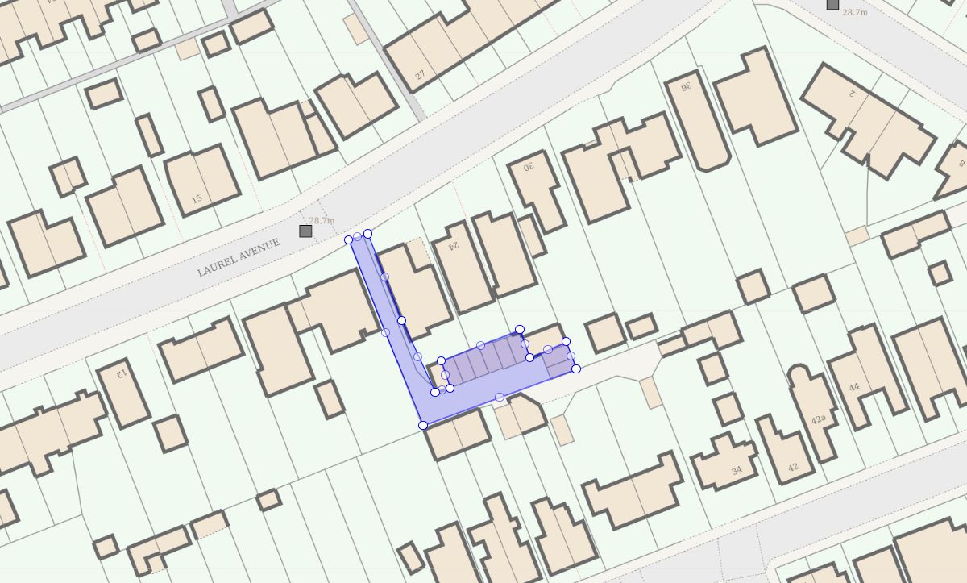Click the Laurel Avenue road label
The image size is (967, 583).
239,257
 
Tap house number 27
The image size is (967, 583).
420,75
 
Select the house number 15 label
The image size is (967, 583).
197,198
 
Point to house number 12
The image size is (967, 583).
122,373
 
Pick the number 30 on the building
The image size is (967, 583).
529,167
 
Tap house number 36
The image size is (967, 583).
687,86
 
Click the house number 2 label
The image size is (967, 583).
850,94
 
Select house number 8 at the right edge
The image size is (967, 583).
961,164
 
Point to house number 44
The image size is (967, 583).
853,387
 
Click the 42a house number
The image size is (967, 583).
819,419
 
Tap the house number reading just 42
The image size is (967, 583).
793,467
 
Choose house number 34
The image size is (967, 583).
737,470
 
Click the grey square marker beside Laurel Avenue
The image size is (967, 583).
305,231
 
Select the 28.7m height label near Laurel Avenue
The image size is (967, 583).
322,220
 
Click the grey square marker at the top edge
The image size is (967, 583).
832,4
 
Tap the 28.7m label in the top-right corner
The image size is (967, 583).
855,12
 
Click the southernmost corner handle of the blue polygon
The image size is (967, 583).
423,425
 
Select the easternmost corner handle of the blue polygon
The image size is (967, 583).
576,369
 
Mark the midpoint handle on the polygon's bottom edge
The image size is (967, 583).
500,397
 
